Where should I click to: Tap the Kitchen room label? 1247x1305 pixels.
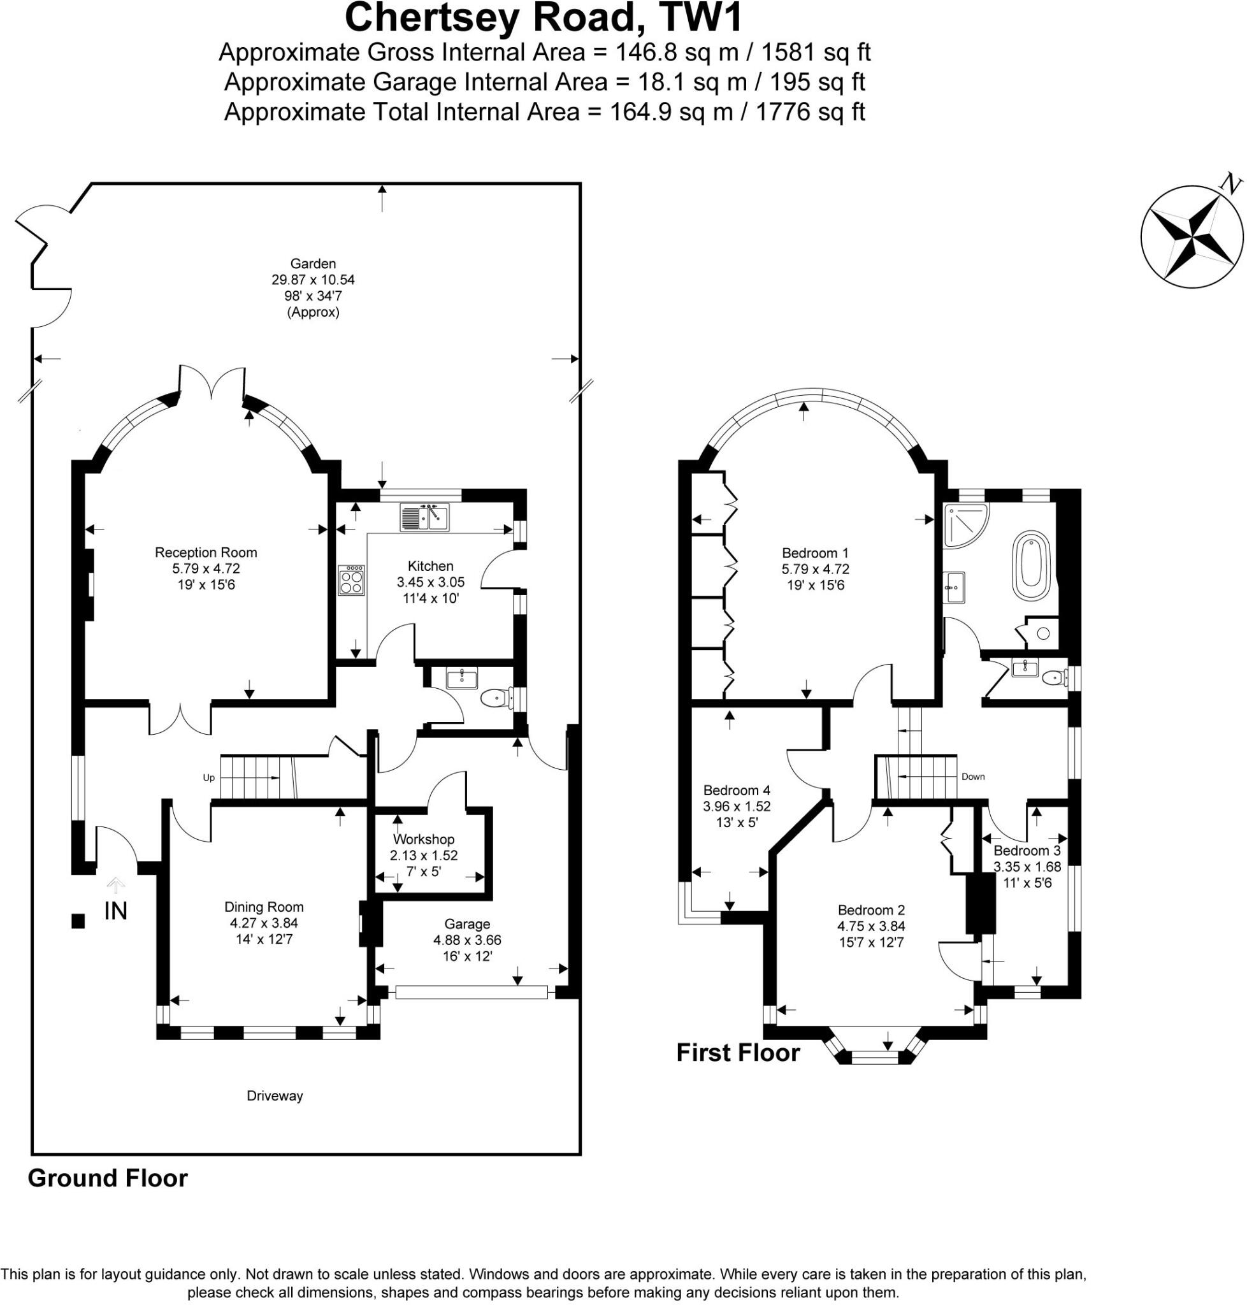430,566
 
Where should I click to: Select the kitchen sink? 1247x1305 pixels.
424,517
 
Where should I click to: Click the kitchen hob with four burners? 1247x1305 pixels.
352,580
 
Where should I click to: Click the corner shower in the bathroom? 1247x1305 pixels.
965,524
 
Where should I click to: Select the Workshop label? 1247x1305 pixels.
424,840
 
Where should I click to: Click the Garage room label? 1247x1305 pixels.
467,924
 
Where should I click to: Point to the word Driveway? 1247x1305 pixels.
275,1096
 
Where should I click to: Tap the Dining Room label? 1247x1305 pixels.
264,907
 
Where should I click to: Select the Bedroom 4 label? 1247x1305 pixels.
737,790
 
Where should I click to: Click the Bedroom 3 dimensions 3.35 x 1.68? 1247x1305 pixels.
1027,867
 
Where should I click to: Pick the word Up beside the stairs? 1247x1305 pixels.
209,778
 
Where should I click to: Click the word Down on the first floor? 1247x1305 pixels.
972,777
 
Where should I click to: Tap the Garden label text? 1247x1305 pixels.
313,264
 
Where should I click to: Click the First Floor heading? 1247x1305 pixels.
738,1053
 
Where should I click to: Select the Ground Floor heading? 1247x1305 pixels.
108,1178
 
